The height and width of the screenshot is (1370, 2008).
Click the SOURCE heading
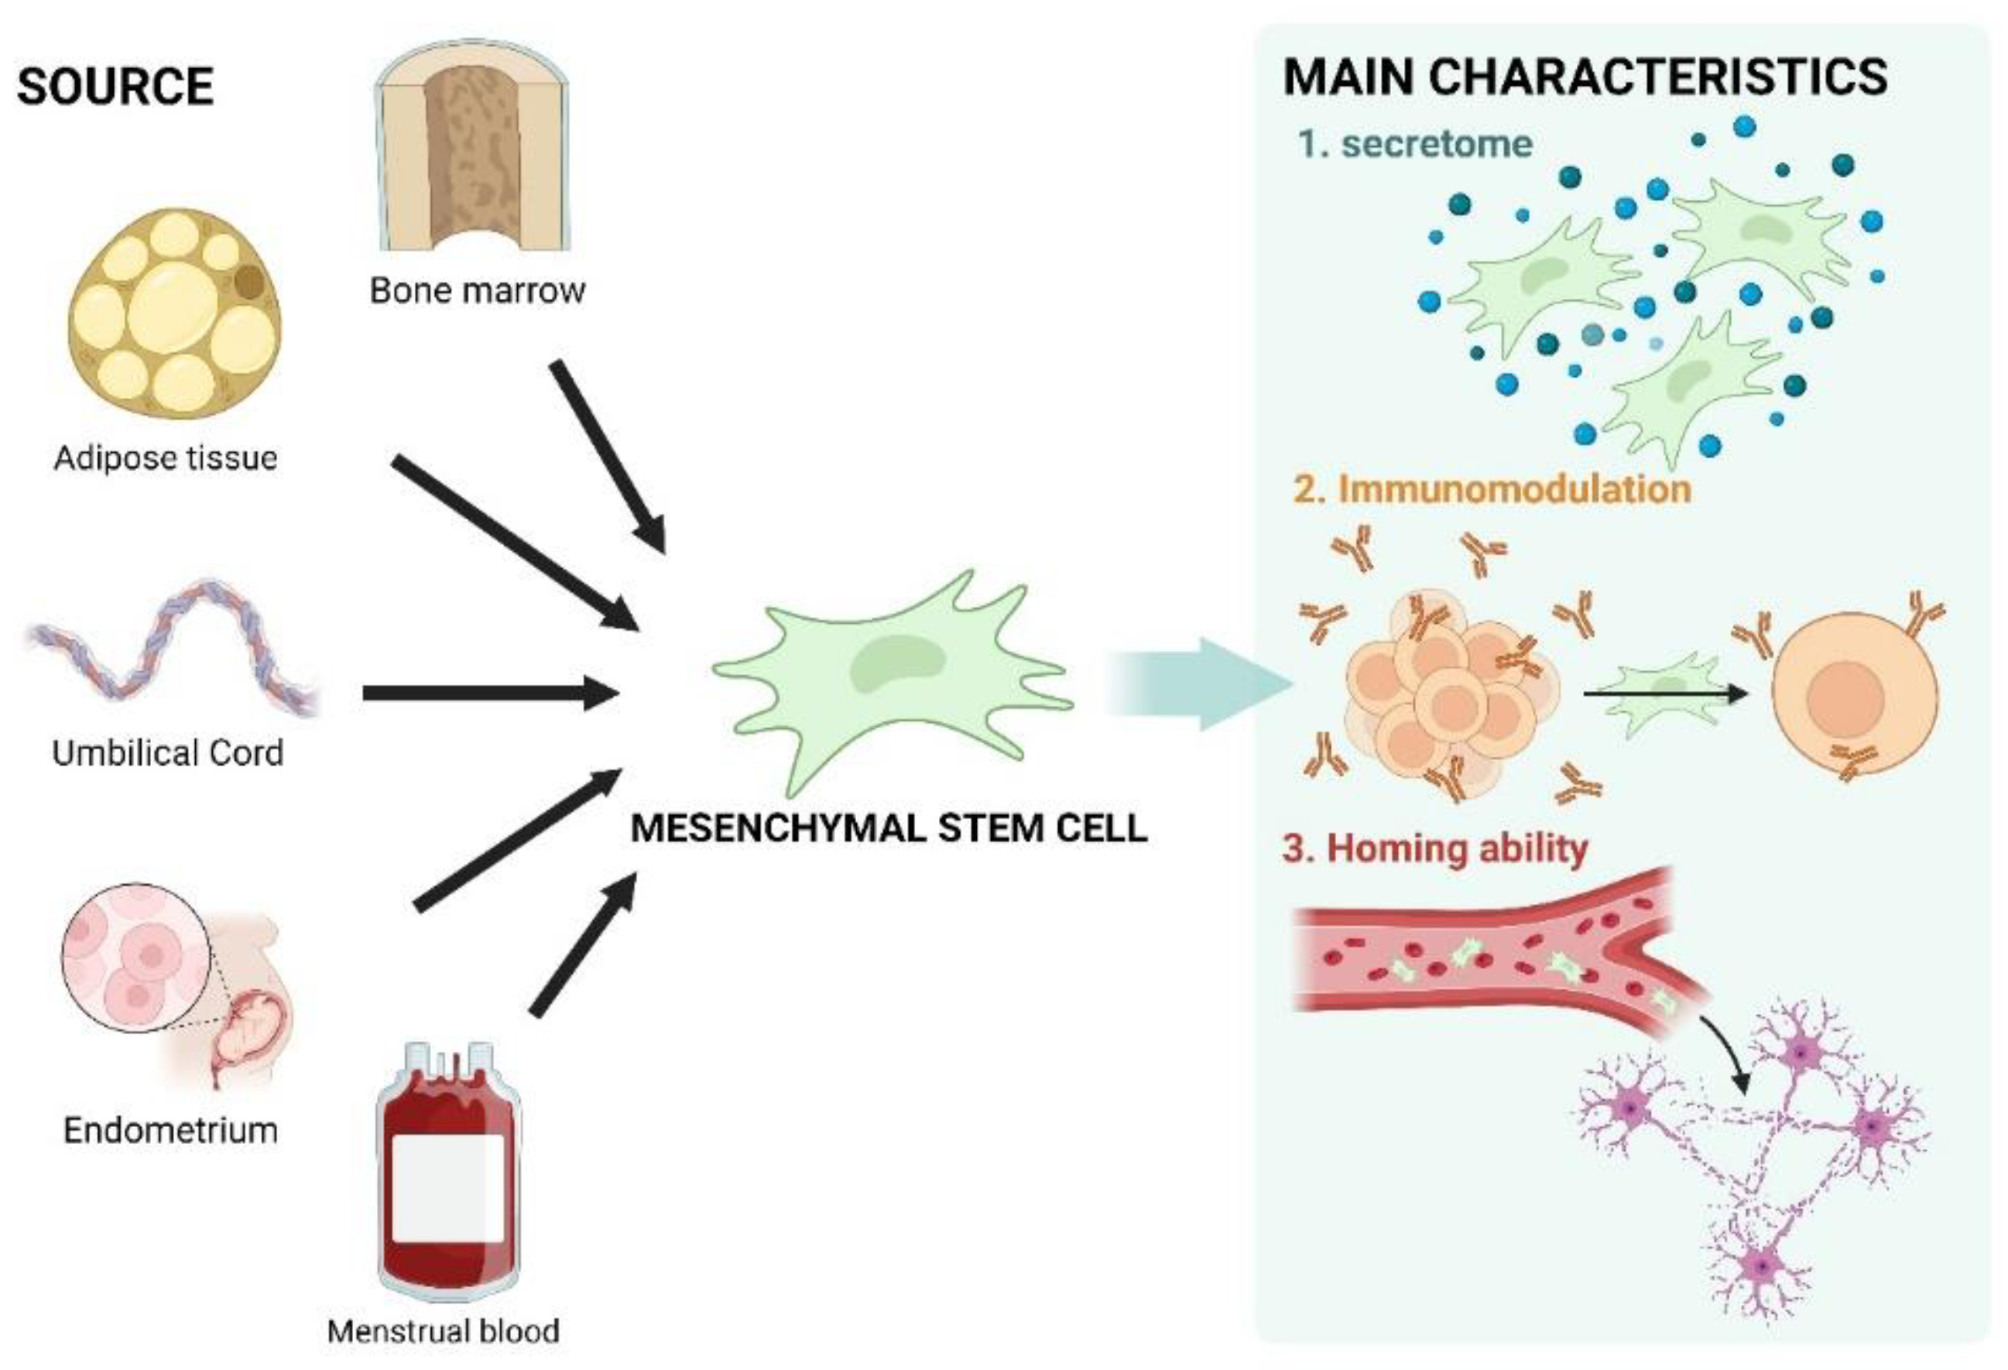tap(115, 87)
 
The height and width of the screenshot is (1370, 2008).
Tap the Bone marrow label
tap(477, 290)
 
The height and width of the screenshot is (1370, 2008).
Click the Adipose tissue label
tap(165, 457)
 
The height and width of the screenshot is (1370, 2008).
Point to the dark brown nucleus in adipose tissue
tap(248, 282)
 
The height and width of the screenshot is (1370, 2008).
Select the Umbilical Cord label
tap(168, 753)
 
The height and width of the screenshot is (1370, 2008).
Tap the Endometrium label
tap(170, 1130)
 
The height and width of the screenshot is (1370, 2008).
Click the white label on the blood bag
tap(447, 1188)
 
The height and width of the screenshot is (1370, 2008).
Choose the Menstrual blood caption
tap(444, 1331)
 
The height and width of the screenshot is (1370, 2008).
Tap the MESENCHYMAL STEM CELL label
tap(888, 828)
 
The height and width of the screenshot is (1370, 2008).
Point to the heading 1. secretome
tap(1414, 143)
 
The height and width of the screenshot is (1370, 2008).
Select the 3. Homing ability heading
tap(1434, 848)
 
